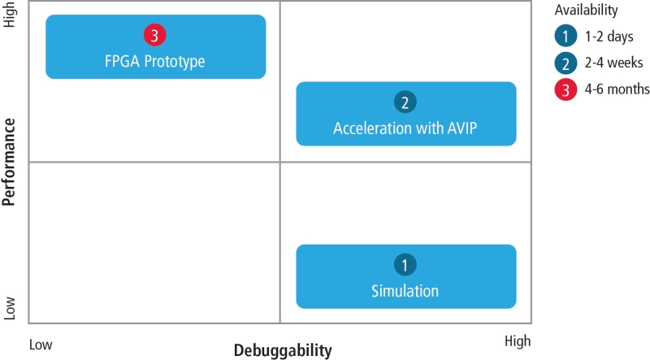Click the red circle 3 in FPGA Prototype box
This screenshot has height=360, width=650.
[x=154, y=35]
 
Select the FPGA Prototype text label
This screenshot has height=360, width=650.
[x=154, y=62]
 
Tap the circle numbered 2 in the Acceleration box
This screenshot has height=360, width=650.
[x=405, y=102]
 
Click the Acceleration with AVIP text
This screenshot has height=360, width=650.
[x=405, y=128]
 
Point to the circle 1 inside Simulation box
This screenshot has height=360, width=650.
[x=405, y=265]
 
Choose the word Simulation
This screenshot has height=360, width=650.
[x=405, y=291]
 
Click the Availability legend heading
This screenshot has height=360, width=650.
[x=586, y=10]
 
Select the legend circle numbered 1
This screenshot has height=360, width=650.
[x=565, y=36]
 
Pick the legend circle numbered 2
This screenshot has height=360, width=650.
[x=565, y=63]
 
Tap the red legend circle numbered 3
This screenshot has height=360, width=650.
[x=565, y=89]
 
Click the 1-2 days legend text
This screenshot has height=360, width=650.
[x=609, y=37]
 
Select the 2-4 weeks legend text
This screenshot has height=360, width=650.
[x=614, y=63]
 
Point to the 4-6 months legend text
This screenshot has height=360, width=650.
[x=617, y=89]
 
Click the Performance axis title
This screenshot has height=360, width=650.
[x=9, y=163]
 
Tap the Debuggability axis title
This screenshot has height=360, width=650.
[x=283, y=350]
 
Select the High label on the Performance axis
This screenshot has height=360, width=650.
[x=9, y=15]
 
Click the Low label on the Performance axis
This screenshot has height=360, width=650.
[x=9, y=308]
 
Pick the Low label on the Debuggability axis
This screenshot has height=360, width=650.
[x=41, y=345]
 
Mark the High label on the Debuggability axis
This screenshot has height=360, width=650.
[x=518, y=341]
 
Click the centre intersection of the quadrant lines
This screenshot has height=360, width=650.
[x=279, y=163]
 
